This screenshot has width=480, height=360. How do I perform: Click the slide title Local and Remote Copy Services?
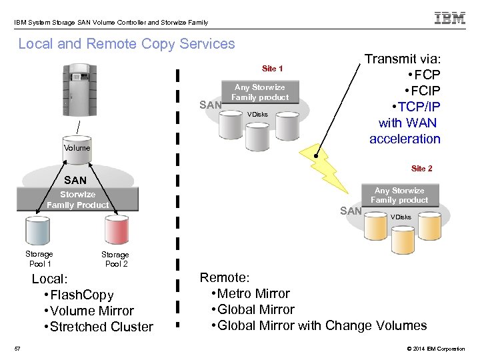pyautogui.click(x=127, y=44)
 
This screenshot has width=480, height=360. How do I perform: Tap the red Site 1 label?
pyautogui.click(x=272, y=69)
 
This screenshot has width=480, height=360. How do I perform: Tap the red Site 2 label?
pyautogui.click(x=421, y=169)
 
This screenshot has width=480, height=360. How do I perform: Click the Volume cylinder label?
pyautogui.click(x=77, y=147)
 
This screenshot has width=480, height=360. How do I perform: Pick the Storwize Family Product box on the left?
pyautogui.click(x=77, y=200)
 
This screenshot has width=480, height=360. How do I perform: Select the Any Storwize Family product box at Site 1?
pyautogui.click(x=260, y=93)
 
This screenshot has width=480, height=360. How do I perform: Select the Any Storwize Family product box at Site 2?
pyautogui.click(x=399, y=195)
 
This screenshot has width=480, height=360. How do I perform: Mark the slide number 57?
pyautogui.click(x=18, y=348)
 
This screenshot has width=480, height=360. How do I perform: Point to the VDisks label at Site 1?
pyautogui.click(x=257, y=115)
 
